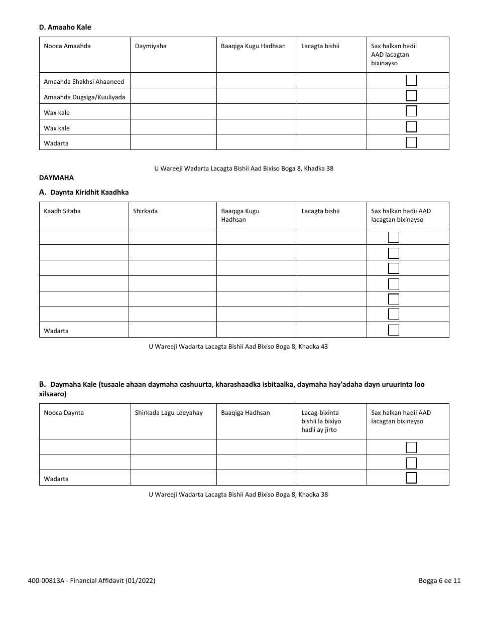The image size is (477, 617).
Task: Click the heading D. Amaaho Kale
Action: (65, 27)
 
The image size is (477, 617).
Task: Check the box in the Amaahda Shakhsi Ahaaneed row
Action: (411, 81)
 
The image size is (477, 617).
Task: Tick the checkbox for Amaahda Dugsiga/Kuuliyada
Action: (411, 96)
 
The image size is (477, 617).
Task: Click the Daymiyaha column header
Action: (151, 46)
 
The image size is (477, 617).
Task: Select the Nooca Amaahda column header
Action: (67, 46)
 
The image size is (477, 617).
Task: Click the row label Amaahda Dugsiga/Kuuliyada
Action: (84, 97)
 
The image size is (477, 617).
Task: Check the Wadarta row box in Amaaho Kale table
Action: (411, 142)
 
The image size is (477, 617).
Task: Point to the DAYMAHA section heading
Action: (56, 178)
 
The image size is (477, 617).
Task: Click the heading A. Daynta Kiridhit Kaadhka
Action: (84, 192)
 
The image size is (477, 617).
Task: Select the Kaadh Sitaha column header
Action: (62, 211)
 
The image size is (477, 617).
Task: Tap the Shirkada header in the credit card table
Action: (145, 211)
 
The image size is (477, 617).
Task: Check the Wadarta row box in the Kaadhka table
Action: (394, 330)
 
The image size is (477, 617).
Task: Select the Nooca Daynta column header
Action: (64, 413)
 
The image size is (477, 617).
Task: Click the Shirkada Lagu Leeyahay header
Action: (169, 413)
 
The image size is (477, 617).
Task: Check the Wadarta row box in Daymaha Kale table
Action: (411, 478)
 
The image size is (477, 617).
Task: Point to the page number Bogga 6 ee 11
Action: (439, 581)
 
